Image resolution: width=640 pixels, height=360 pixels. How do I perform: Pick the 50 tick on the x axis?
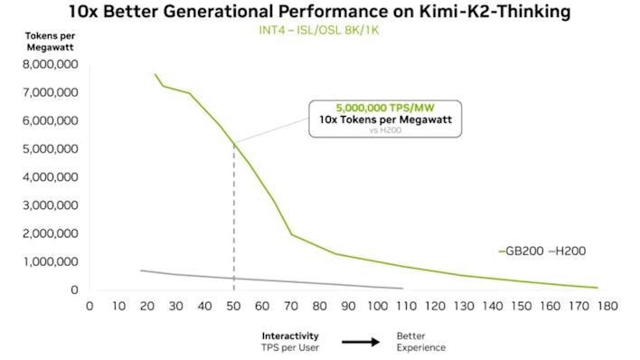pos(234,306)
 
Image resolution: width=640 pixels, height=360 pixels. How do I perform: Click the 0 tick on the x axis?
pos(89,306)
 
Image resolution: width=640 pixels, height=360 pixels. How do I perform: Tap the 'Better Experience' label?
pos(420,341)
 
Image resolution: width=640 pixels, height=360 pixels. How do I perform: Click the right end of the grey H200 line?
pos(402,289)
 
